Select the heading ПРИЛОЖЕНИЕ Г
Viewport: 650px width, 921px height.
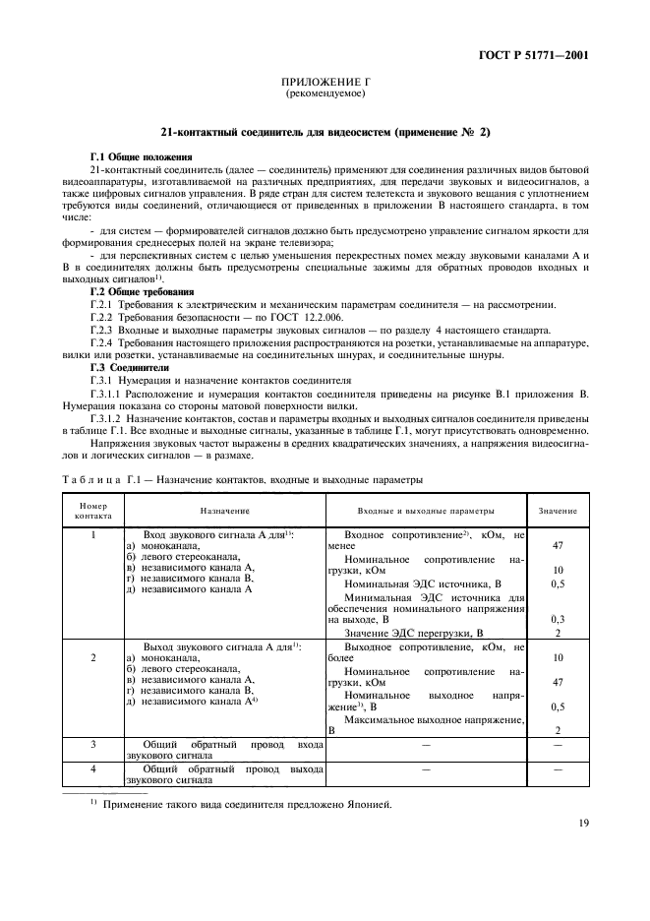pos(325,84)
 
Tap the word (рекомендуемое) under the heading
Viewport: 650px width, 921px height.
pos(325,94)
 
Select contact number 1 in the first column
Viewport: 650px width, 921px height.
pos(92,533)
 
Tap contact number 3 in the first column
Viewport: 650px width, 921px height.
pos(92,745)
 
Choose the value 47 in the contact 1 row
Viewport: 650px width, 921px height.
pos(558,545)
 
